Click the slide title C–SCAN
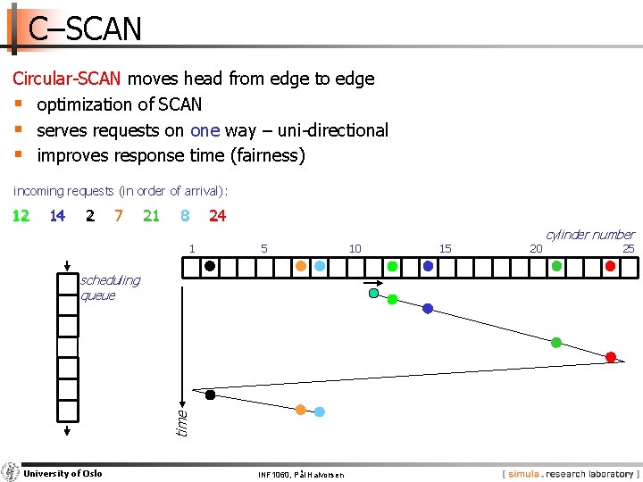pyautogui.click(x=85, y=29)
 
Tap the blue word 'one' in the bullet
pyautogui.click(x=205, y=130)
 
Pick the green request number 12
pyautogui.click(x=20, y=215)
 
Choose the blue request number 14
pyautogui.click(x=57, y=215)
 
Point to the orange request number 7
pyautogui.click(x=119, y=215)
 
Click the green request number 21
pyautogui.click(x=151, y=215)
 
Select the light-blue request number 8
pyautogui.click(x=185, y=215)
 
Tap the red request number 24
pyautogui.click(x=217, y=215)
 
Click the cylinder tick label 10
pyautogui.click(x=355, y=248)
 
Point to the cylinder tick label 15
pyautogui.click(x=445, y=248)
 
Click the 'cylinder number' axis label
pyautogui.click(x=589, y=235)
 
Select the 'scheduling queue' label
pyautogui.click(x=110, y=287)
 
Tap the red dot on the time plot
pyautogui.click(x=611, y=357)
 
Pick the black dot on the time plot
pyautogui.click(x=210, y=395)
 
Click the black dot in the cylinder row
pyautogui.click(x=209, y=265)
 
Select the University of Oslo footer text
pyautogui.click(x=63, y=473)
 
